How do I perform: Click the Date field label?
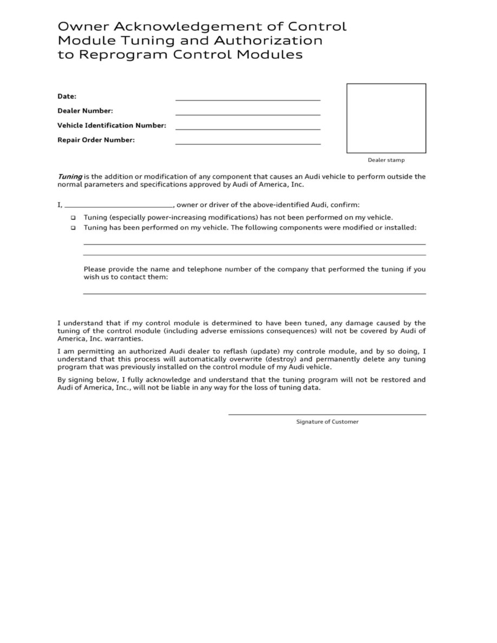pyautogui.click(x=67, y=96)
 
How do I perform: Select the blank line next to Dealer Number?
pyautogui.click(x=247, y=114)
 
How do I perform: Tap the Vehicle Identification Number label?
pyautogui.click(x=112, y=126)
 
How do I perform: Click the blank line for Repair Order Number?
pyautogui.click(x=247, y=143)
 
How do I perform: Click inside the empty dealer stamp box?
pyautogui.click(x=386, y=118)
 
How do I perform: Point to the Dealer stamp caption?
pyautogui.click(x=386, y=160)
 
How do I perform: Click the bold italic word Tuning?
pyautogui.click(x=70, y=176)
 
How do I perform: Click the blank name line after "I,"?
pyautogui.click(x=118, y=207)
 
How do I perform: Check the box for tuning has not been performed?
pyautogui.click(x=73, y=218)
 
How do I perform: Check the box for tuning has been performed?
pyautogui.click(x=73, y=228)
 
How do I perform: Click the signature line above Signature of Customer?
pyautogui.click(x=327, y=414)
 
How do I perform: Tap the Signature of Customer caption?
pyautogui.click(x=327, y=422)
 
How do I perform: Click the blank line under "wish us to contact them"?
pyautogui.click(x=254, y=293)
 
